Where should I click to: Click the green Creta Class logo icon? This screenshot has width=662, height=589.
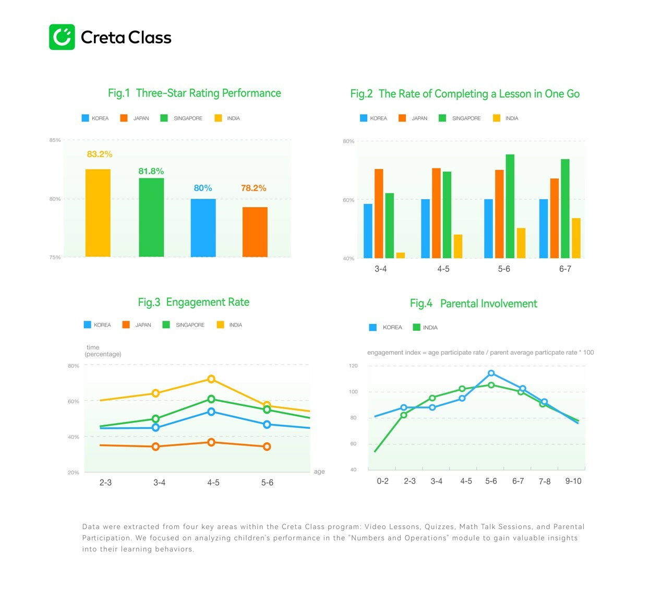pos(62,37)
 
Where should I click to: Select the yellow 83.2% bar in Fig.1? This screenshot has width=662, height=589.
pos(98,213)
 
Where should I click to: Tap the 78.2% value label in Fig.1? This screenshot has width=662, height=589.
pos(254,188)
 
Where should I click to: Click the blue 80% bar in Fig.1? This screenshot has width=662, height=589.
pos(203,228)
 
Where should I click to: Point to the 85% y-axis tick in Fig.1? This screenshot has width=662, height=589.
pos(55,140)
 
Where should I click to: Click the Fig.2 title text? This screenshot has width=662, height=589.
pos(465,94)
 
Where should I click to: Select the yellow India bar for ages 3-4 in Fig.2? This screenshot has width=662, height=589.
pos(401,256)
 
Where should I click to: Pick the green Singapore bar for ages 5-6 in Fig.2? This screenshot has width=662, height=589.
pos(510,206)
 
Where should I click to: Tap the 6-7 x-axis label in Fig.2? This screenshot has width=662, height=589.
pos(565,269)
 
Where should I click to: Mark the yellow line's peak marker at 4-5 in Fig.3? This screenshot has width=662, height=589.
pos(211,379)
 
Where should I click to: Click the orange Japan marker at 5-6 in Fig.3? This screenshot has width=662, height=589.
pos(267,447)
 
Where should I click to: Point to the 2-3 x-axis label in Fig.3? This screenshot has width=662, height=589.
pos(105,483)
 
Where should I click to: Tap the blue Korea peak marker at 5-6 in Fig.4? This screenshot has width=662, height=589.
pos(491,373)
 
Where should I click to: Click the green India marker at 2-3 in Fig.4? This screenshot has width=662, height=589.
pos(404,415)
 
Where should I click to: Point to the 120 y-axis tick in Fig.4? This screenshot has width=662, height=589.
pos(353,366)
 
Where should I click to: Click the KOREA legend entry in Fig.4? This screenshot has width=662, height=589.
pos(386,328)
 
